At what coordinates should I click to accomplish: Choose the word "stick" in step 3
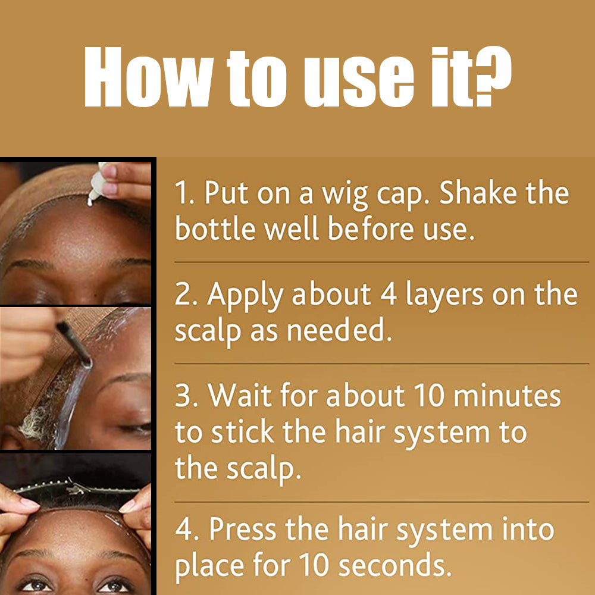tap(245, 433)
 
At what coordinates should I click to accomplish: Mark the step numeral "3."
tap(185, 397)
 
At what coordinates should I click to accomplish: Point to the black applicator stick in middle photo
tap(74, 342)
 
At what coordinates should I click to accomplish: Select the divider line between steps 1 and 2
tap(381, 262)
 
